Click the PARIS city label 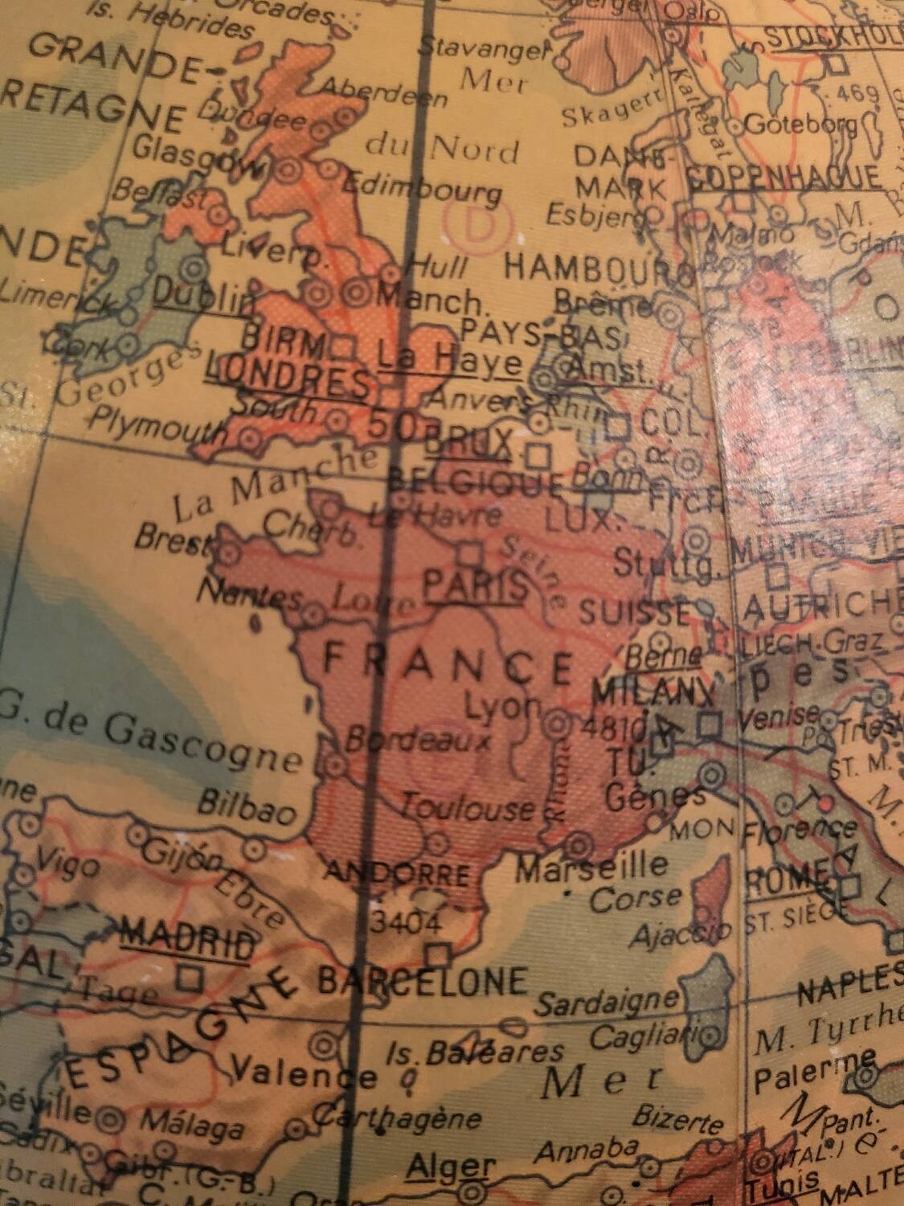(x=476, y=586)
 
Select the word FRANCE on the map (x=448, y=664)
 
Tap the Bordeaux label (x=416, y=740)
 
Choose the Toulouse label (x=467, y=807)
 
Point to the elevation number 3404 (x=405, y=922)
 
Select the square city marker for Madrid (x=190, y=978)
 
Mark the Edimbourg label (x=423, y=190)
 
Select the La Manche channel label (x=274, y=486)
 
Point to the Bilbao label (x=247, y=808)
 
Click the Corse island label (x=636, y=898)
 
